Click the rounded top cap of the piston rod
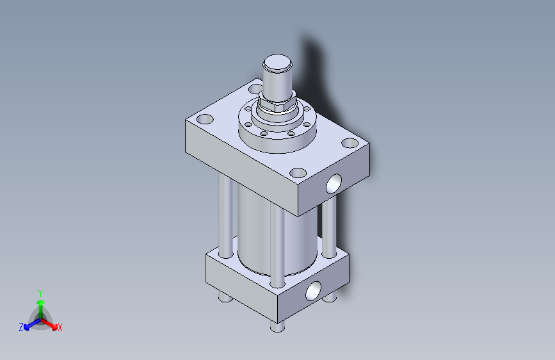[x=278, y=63]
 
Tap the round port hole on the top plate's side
[x=334, y=184]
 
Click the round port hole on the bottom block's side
[x=314, y=291]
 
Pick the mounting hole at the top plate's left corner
[x=205, y=119]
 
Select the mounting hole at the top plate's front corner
[x=298, y=172]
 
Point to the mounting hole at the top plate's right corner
[x=350, y=143]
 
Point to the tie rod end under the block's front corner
[x=276, y=327]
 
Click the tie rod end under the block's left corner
[x=224, y=297]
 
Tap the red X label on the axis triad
[x=60, y=327]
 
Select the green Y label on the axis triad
[x=40, y=291]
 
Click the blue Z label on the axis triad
[x=21, y=327]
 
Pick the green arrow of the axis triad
[x=40, y=303]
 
